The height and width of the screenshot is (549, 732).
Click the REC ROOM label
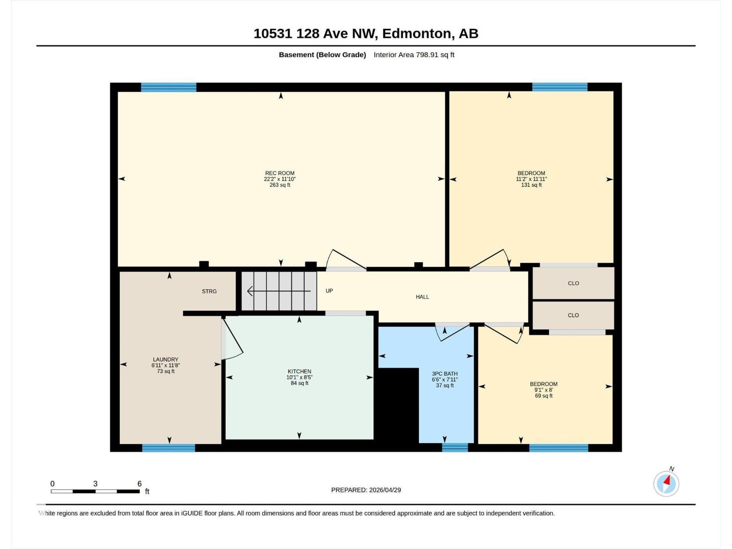280,173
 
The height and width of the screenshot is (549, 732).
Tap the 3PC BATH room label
445,374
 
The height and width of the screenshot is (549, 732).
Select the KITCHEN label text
299,371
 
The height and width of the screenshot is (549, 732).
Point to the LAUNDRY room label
166,360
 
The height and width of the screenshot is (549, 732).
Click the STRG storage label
209,291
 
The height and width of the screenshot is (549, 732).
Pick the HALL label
422,297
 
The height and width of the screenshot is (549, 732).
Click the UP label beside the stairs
329,291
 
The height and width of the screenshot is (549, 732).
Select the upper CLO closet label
573,283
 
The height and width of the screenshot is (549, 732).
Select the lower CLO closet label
573,315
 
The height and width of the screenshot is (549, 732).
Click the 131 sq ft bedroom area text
531,185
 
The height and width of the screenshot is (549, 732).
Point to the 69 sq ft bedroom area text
544,396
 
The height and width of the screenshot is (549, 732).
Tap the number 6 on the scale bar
140,484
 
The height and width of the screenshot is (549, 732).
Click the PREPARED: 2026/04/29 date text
366,490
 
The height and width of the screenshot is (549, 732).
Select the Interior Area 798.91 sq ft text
414,55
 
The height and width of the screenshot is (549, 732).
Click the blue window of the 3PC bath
455,447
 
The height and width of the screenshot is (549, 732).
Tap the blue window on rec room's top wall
168,87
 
